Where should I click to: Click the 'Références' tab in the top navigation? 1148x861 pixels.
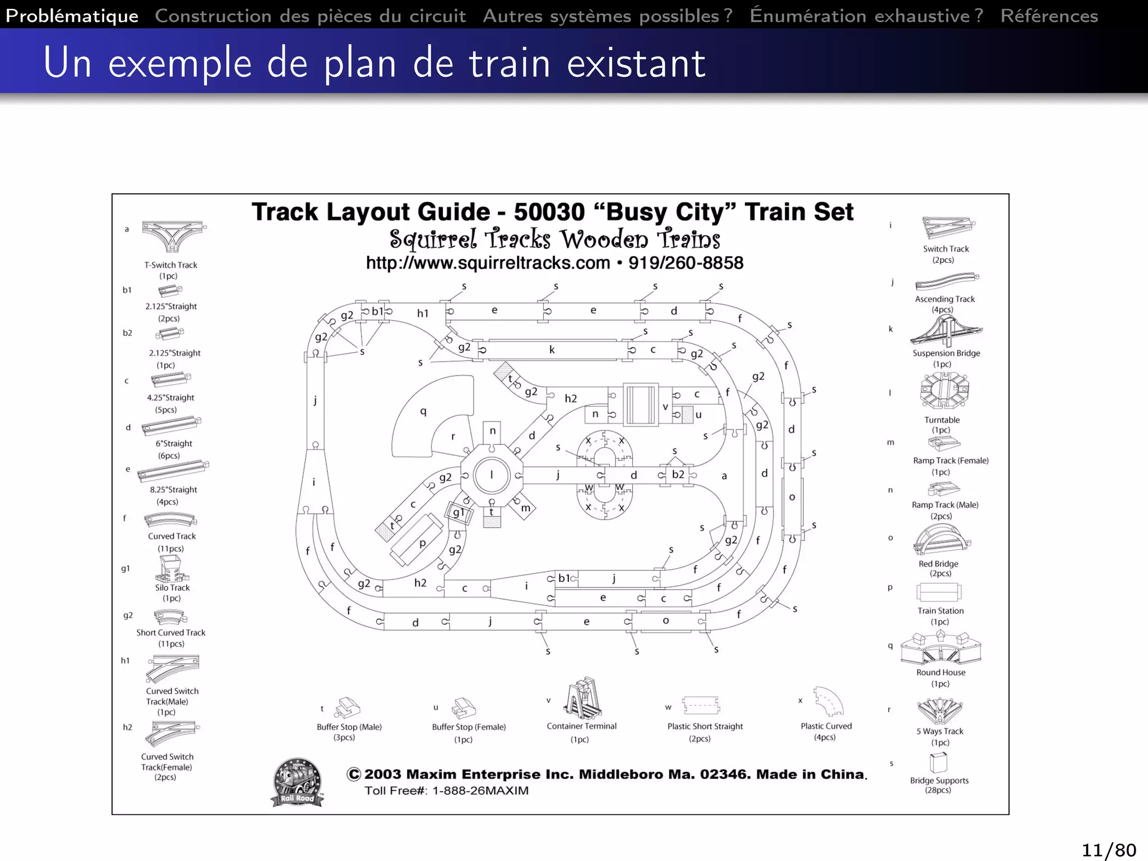[1049, 16]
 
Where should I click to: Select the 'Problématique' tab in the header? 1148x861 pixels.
[72, 16]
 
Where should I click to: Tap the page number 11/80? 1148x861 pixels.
[1108, 850]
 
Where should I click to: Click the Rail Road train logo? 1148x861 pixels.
[297, 783]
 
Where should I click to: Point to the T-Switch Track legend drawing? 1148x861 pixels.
[173, 235]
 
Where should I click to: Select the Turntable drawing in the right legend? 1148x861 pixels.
[945, 390]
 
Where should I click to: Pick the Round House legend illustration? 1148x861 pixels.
[941, 649]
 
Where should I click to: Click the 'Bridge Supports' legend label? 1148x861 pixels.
[939, 780]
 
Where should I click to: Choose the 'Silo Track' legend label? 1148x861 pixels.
[172, 587]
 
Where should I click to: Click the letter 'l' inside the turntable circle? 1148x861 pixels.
[492, 475]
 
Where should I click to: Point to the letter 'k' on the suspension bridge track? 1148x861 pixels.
[552, 350]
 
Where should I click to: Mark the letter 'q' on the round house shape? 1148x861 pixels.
[423, 411]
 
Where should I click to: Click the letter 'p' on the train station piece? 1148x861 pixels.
[422, 543]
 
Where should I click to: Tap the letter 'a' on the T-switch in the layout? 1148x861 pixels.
[724, 476]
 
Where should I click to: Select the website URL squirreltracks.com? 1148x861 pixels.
[488, 263]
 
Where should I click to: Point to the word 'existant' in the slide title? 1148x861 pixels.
[636, 63]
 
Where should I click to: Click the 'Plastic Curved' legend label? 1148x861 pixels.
[826, 726]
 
